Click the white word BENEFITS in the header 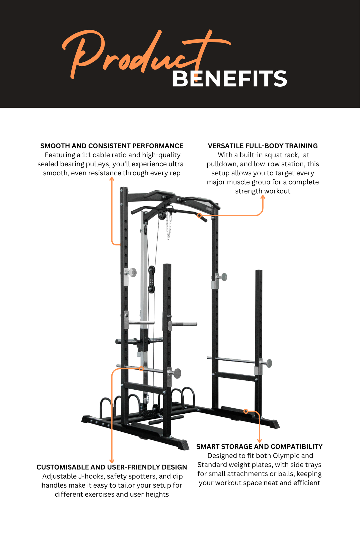point(229,79)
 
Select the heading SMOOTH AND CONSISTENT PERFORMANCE point(112,146)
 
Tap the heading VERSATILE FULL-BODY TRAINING point(263,146)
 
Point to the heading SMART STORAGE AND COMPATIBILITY point(259,446)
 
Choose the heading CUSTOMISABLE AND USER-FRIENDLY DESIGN point(112,467)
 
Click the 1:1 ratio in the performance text point(86,155)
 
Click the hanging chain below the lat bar point(169,225)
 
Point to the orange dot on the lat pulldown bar point(199,216)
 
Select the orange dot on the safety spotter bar point(142,369)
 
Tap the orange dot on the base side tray point(246,411)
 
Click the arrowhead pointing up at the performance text point(112,179)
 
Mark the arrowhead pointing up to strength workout point(263,197)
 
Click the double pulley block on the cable point(152,279)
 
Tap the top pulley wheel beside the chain point(161,215)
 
